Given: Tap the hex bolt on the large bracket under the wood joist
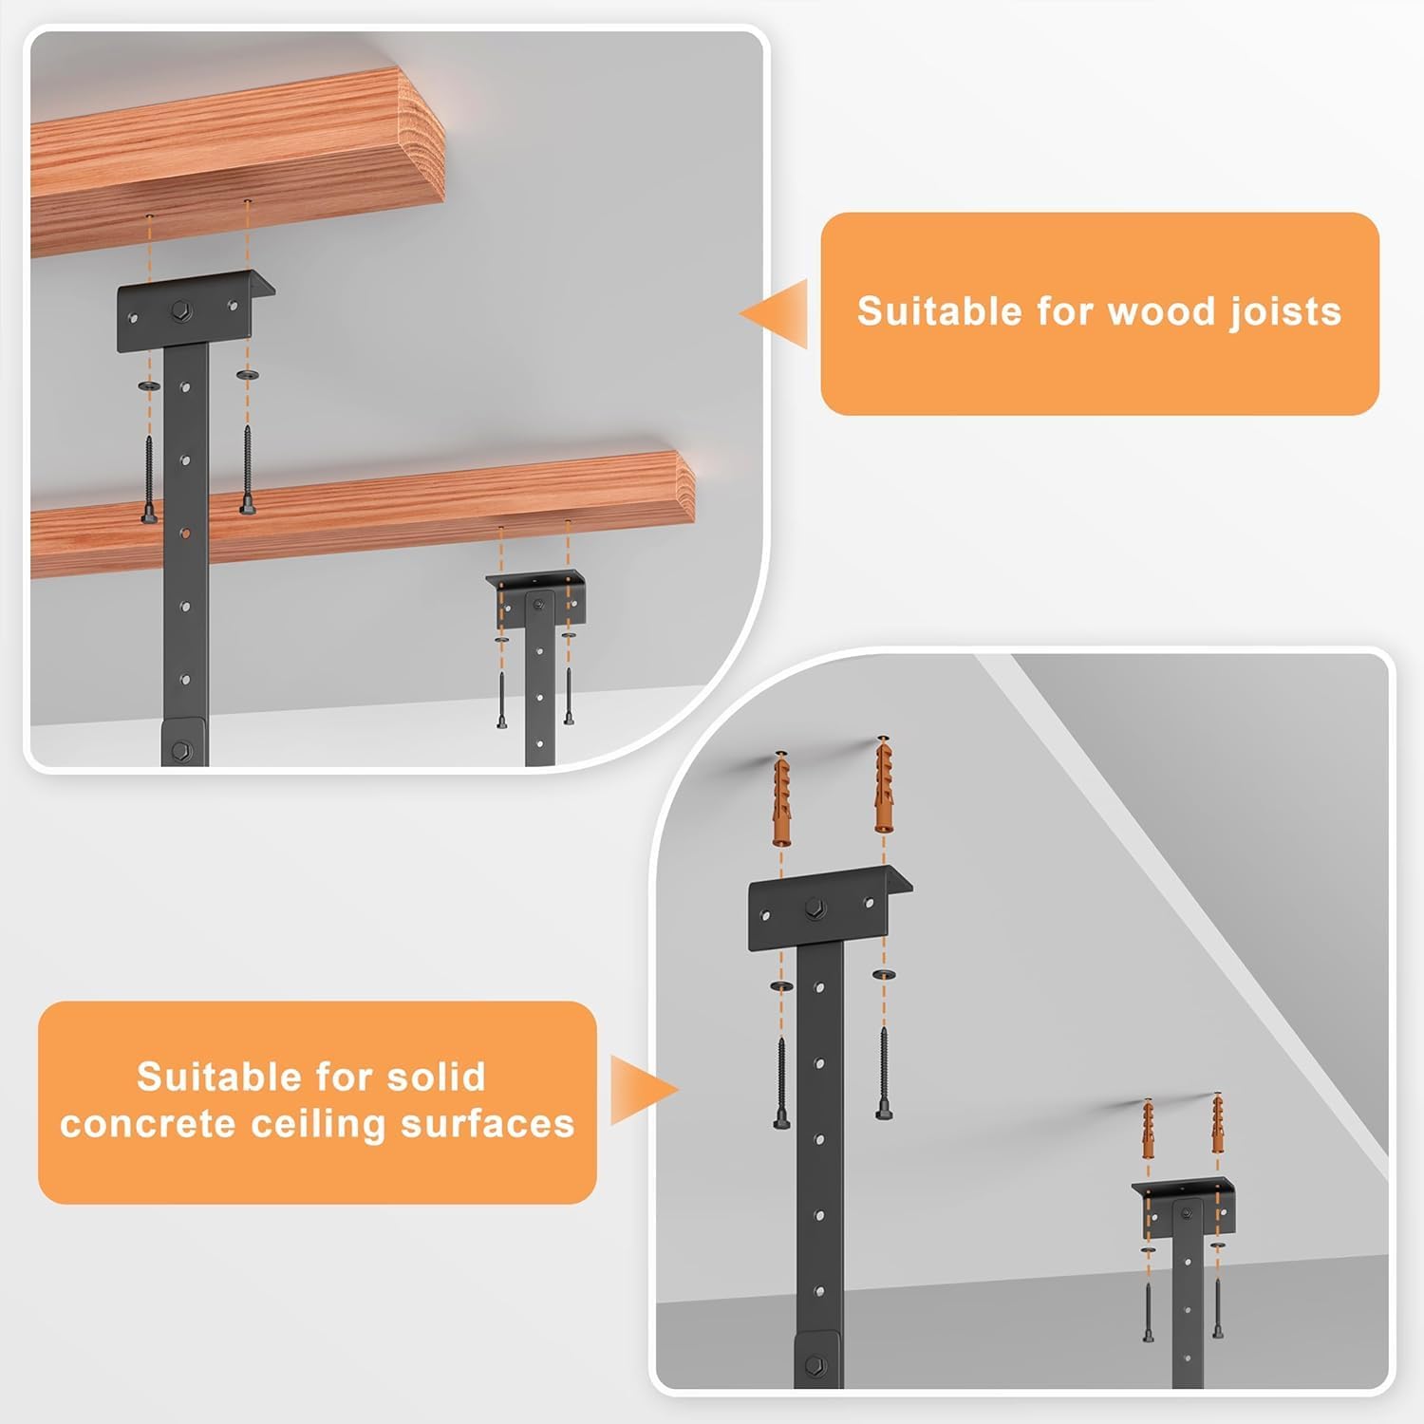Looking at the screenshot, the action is pos(182,310).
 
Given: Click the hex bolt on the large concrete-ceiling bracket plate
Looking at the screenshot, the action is pos(814,908).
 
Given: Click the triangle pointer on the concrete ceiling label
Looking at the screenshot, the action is pos(645,1090).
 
